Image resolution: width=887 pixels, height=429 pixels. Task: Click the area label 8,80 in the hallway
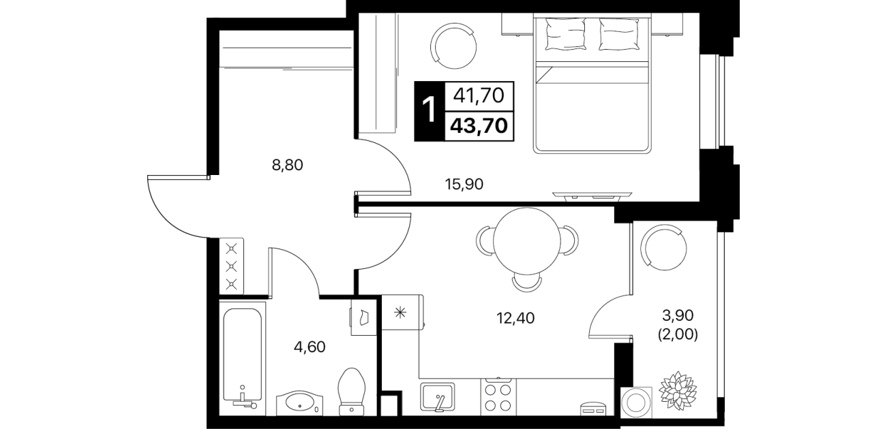pyautogui.click(x=288, y=165)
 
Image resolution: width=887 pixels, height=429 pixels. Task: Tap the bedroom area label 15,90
pyautogui.click(x=464, y=185)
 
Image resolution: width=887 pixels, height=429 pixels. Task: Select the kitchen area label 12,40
pyautogui.click(x=515, y=317)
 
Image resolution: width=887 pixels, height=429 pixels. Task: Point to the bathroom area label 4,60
pyautogui.click(x=310, y=347)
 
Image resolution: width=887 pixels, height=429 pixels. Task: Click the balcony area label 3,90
pyautogui.click(x=678, y=315)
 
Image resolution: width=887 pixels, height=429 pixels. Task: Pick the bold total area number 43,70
pyautogui.click(x=479, y=126)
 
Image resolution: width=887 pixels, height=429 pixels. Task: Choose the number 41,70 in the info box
pyautogui.click(x=479, y=95)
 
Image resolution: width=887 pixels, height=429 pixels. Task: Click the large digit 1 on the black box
pyautogui.click(x=430, y=111)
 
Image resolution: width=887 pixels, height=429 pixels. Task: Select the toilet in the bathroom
pyautogui.click(x=352, y=392)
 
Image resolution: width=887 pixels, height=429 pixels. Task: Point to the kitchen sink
pyautogui.click(x=438, y=397)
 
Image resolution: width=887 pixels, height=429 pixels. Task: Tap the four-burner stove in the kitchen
pyautogui.click(x=498, y=397)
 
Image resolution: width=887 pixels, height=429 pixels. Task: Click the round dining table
pyautogui.click(x=527, y=241)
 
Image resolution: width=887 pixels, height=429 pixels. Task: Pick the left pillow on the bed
pyautogui.click(x=565, y=34)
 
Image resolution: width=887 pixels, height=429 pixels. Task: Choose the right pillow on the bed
pyautogui.click(x=619, y=34)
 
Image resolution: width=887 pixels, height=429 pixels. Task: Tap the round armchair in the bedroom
pyautogui.click(x=453, y=46)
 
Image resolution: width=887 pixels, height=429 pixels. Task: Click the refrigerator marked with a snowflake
pyautogui.click(x=401, y=313)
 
